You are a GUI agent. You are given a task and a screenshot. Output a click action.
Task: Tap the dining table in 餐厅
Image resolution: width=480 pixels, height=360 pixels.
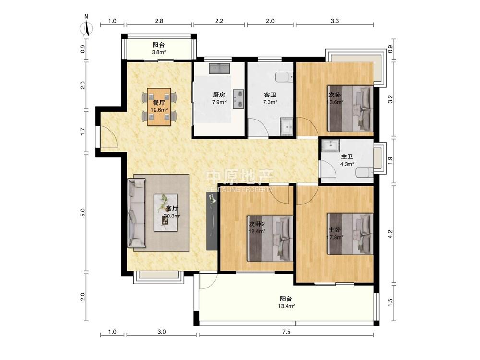click(159, 107)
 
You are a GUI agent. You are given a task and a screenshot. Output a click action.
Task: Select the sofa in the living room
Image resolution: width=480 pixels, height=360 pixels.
click(136, 213)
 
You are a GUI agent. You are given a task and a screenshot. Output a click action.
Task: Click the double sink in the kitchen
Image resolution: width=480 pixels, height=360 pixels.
click(219, 69)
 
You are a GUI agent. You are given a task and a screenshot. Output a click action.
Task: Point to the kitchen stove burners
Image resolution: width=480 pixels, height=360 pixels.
click(238, 99)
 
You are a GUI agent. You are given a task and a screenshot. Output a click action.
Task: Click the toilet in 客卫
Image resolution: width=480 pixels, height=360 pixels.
click(284, 77)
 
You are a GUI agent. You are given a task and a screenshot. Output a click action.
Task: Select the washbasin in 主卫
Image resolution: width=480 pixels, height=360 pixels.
click(330, 145)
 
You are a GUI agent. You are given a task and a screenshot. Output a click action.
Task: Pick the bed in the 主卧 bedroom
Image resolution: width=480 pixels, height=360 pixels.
click(350, 234)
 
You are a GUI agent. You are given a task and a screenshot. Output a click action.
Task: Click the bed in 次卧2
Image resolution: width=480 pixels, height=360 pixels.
click(270, 239)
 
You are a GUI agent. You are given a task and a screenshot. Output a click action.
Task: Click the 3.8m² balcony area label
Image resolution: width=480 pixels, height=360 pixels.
click(159, 52)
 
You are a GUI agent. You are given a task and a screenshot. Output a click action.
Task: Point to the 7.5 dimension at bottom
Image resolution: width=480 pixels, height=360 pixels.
click(286, 332)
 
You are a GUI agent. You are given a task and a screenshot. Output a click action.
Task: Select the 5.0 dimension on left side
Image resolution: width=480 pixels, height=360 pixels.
click(83, 213)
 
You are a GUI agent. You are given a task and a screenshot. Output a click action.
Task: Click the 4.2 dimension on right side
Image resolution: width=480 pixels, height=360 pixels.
click(390, 234)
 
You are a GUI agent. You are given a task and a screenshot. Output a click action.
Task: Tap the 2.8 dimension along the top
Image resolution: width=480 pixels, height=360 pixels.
click(159, 21)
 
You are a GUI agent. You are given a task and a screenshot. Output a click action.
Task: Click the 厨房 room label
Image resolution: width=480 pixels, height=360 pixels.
click(219, 95)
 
